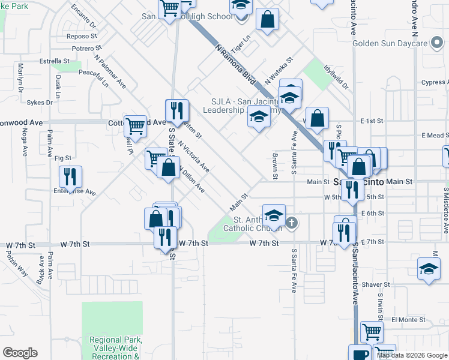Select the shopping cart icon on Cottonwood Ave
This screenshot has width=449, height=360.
tap(136, 126)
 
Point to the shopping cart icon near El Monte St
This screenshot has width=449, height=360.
tap(372, 331)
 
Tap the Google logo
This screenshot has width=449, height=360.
tap(20, 353)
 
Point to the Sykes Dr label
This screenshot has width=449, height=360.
tap(40, 103)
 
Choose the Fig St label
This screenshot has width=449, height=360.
tap(62, 158)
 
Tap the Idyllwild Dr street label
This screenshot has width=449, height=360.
tap(336, 77)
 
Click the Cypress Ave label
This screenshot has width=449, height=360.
tap(433, 83)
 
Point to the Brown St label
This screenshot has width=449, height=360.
tap(275, 166)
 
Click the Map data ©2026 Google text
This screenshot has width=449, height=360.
tap(412, 355)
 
